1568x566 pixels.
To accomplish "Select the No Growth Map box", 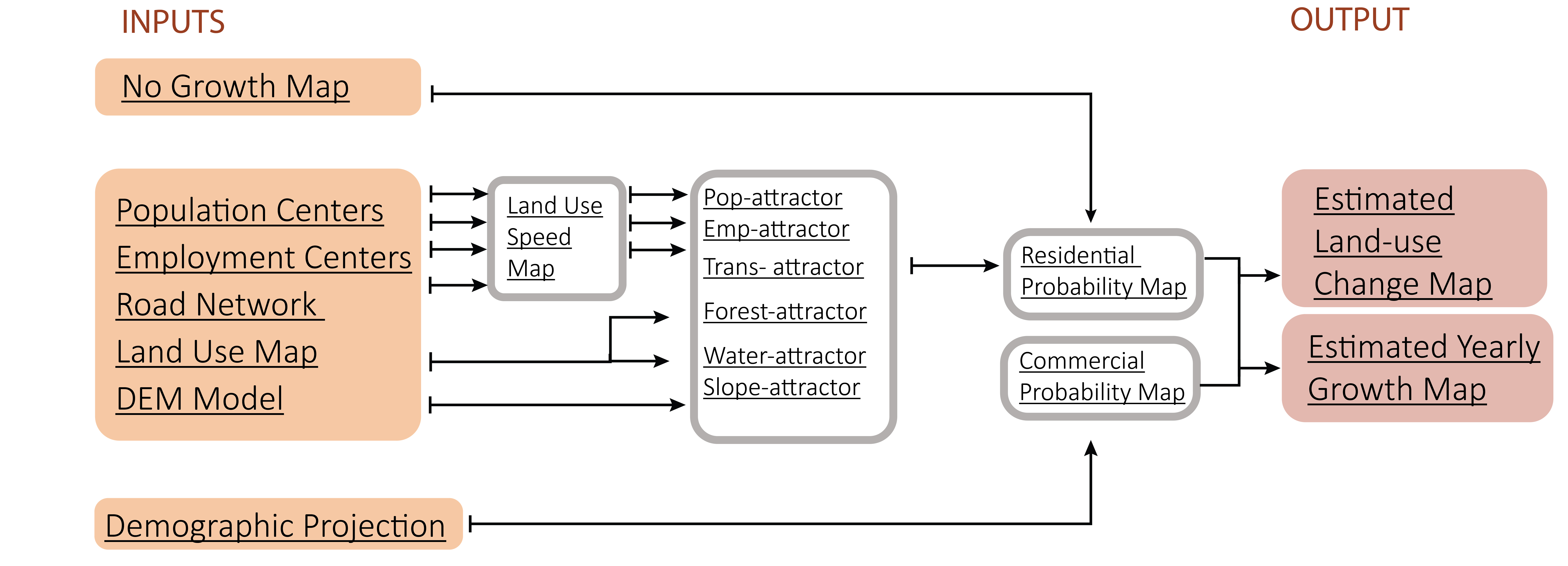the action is click(x=258, y=87).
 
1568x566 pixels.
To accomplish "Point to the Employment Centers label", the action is click(x=264, y=257).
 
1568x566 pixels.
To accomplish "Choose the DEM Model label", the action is click(x=200, y=399).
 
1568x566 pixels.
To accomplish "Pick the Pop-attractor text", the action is click(x=773, y=198).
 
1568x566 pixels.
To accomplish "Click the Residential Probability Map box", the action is click(x=1103, y=274).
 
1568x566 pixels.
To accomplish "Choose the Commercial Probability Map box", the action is click(x=1101, y=378).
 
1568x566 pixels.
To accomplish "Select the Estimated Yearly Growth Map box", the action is click(x=1417, y=368).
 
